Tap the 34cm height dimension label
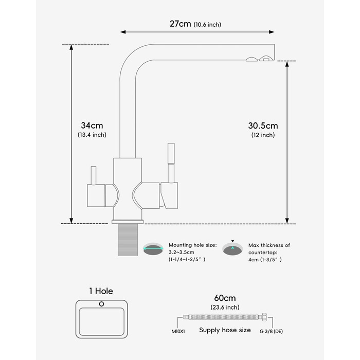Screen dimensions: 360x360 [92, 125]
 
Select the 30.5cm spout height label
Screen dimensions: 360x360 [263, 125]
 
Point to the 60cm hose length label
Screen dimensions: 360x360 [224, 298]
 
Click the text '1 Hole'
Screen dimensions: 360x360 [101, 291]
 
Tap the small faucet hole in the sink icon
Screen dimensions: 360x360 [101, 304]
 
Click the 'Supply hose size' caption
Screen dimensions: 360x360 [225, 330]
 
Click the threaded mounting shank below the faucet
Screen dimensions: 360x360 [126, 240]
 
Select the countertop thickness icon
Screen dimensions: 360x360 [232, 249]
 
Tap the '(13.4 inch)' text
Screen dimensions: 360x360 [92, 135]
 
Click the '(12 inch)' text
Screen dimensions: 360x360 [263, 135]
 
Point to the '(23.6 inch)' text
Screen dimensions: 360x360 [225, 308]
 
